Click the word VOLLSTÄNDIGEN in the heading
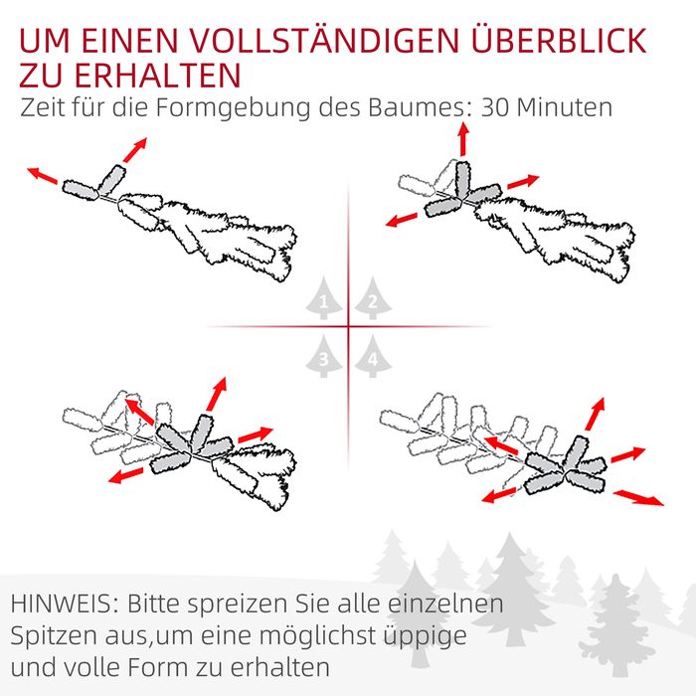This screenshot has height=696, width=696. [x=324, y=42]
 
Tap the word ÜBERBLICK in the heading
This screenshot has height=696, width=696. [x=559, y=40]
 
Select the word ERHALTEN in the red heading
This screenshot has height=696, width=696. [x=157, y=75]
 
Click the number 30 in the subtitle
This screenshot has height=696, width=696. [x=496, y=107]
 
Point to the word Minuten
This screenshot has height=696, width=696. [x=565, y=107]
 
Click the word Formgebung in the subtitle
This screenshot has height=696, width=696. [x=233, y=107]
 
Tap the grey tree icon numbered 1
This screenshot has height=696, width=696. [x=323, y=298]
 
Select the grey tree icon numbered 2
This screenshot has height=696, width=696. [x=373, y=298]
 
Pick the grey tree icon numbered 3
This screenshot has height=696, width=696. [x=323, y=356]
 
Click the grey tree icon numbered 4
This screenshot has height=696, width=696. [x=373, y=356]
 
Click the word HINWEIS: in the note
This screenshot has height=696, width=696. [x=65, y=604]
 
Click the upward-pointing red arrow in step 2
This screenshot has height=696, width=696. [x=463, y=139]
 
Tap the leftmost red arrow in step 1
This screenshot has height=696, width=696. [x=42, y=175]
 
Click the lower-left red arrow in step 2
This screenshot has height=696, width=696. [x=402, y=220]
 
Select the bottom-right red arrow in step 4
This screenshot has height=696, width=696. [x=638, y=497]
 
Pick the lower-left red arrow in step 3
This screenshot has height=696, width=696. [x=126, y=475]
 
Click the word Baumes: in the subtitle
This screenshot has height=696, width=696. [x=421, y=107]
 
